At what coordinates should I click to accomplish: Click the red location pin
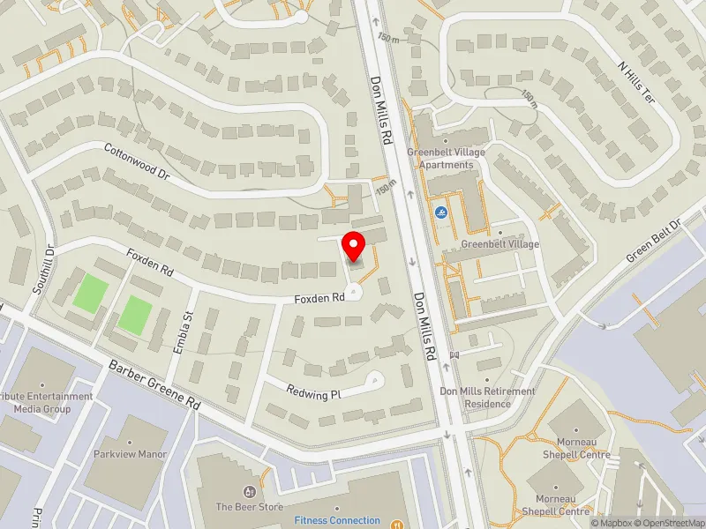click(355, 246)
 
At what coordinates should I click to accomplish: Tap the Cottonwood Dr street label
click(136, 162)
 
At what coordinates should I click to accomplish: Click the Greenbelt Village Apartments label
click(446, 159)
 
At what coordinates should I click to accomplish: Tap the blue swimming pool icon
click(440, 212)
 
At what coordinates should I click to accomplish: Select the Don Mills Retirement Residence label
click(487, 398)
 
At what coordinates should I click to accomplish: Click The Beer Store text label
click(249, 507)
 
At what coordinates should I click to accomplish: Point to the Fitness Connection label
click(337, 520)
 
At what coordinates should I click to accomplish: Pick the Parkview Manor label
click(130, 456)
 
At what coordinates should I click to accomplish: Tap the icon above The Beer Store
click(250, 491)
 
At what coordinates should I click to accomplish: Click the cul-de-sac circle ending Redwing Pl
click(376, 381)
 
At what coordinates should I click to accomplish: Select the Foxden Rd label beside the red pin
click(319, 299)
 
